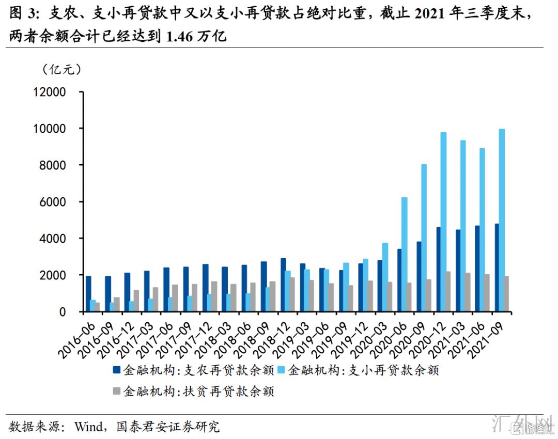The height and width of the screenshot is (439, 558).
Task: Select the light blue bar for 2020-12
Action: point(443,222)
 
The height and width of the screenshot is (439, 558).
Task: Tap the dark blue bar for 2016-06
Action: point(88,294)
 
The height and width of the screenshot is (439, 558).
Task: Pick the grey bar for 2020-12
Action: point(449,292)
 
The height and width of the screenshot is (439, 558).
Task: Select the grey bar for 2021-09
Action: point(507,294)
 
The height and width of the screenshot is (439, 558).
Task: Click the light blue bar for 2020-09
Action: point(424,238)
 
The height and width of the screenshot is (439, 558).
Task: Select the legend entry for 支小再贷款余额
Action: point(364,370)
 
